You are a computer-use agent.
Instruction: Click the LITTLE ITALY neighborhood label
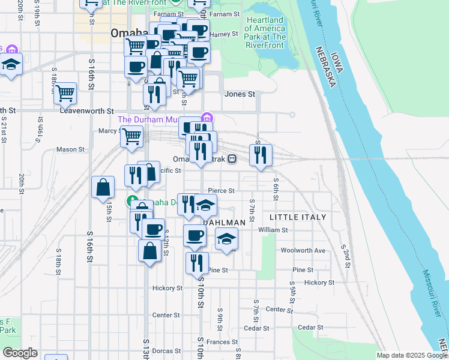298,217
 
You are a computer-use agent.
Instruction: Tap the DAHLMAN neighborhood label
226,223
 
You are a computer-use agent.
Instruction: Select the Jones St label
240,94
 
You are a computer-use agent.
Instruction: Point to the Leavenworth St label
87,111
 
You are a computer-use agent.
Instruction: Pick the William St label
273,230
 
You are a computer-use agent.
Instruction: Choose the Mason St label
70,149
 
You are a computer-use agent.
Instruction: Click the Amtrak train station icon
232,159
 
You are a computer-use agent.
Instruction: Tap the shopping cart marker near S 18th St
65,94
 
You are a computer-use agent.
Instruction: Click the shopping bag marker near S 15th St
103,187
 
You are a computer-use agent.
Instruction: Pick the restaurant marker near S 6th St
261,155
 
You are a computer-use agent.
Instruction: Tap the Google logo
20,353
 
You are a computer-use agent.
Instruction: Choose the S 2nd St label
345,247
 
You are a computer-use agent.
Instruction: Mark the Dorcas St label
166,351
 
